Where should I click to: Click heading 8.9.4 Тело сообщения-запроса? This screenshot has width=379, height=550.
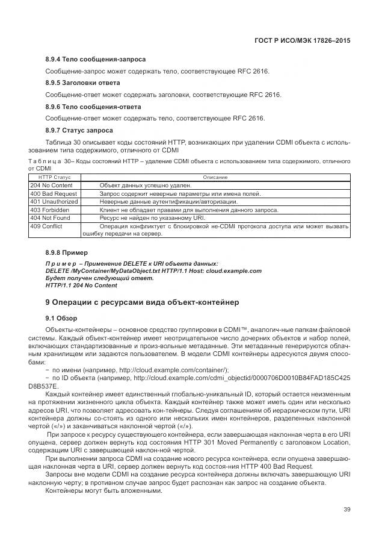(x=96, y=60)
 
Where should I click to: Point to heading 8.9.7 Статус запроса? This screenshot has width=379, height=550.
(x=79, y=130)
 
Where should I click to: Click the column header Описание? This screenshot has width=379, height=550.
(x=215, y=177)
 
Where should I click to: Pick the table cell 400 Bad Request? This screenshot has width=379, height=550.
(x=53, y=194)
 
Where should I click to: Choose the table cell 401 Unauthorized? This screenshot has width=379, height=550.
(x=54, y=202)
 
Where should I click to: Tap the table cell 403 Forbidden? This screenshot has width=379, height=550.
(x=49, y=210)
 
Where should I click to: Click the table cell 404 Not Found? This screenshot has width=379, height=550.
(x=49, y=217)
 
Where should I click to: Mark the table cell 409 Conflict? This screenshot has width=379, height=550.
(x=46, y=226)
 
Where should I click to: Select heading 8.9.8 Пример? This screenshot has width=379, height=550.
(x=67, y=252)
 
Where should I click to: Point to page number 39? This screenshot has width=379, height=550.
(x=347, y=510)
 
